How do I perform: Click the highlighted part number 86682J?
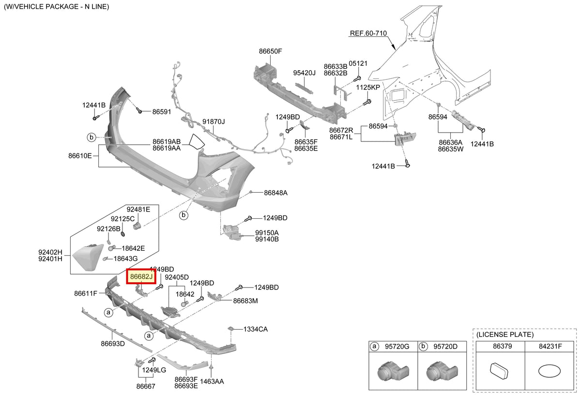[x=141, y=276]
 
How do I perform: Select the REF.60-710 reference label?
[x=368, y=33]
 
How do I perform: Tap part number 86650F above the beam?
[x=270, y=51]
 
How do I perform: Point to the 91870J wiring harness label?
[x=214, y=122]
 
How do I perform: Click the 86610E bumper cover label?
[x=80, y=155]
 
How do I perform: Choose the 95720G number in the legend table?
[x=397, y=347]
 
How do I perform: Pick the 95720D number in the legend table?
[x=445, y=347]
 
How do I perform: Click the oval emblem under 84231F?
[x=550, y=371]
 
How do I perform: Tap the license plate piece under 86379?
[x=499, y=370]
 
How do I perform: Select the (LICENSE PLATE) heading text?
[x=505, y=335]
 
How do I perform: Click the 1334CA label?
[x=256, y=329]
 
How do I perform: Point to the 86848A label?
[x=275, y=193]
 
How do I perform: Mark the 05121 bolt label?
[x=358, y=63]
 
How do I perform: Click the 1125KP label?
[x=368, y=87]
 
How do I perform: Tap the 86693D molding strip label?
[x=113, y=344]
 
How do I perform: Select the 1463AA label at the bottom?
[x=212, y=381]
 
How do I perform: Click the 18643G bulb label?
[x=125, y=259]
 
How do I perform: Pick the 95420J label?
[x=304, y=73]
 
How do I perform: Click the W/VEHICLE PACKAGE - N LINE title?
[x=56, y=6]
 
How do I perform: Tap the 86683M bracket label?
[x=245, y=301]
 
